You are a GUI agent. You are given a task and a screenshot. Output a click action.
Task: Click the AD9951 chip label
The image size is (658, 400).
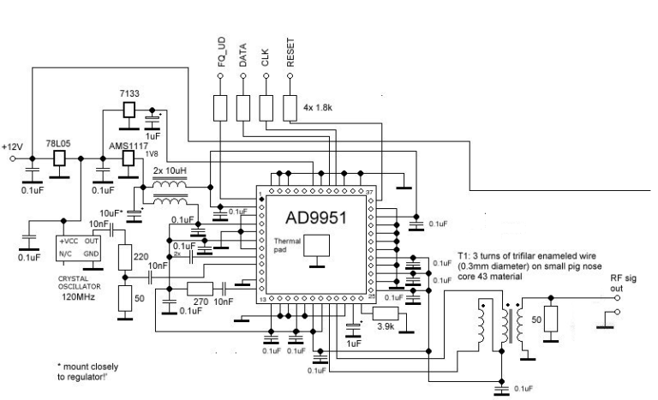click(315, 217)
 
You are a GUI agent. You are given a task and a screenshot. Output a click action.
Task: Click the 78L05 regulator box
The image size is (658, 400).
click(60, 158)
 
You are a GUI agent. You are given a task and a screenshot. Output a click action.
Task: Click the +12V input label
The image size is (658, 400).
click(13, 146)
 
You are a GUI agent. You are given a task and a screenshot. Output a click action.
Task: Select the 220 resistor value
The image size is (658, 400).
click(141, 255)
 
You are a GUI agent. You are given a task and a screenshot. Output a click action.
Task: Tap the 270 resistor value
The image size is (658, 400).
click(201, 302)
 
